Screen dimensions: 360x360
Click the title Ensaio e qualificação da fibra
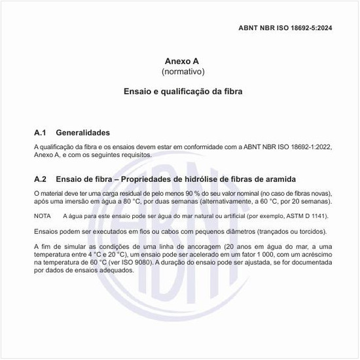tap(183, 92)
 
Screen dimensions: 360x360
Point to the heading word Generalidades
tap(82, 132)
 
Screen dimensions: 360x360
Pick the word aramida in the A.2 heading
tap(279, 179)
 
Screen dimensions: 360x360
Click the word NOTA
tap(42, 216)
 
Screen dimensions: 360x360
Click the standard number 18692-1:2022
tap(303, 147)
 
